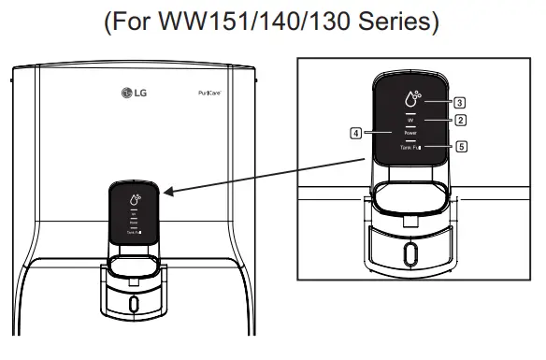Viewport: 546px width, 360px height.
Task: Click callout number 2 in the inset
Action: pyautogui.click(x=460, y=121)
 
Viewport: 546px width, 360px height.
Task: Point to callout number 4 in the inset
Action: pyautogui.click(x=355, y=133)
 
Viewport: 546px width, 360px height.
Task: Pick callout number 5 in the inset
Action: pyautogui.click(x=460, y=147)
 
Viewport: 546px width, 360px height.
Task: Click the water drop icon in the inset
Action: pyautogui.click(x=411, y=97)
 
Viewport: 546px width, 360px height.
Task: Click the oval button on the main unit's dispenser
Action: pyautogui.click(x=132, y=304)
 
